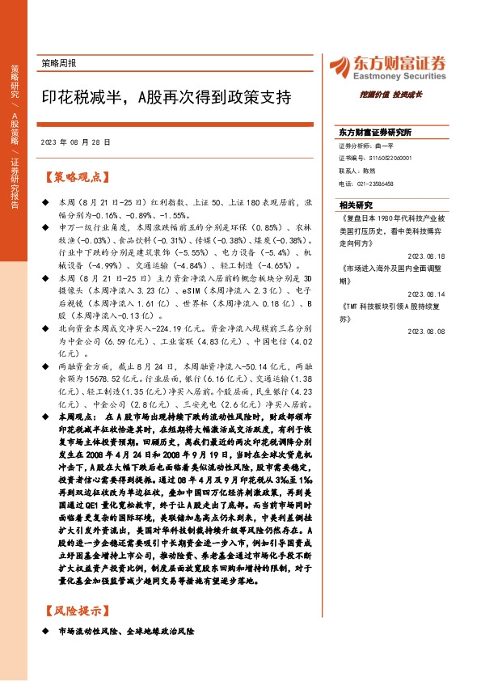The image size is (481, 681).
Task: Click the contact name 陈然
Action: tap(369, 171)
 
